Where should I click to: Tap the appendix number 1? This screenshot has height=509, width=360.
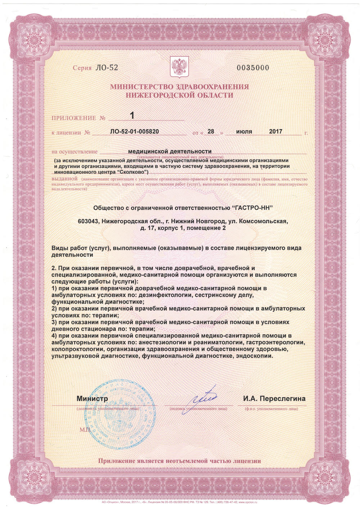click(x=132, y=115)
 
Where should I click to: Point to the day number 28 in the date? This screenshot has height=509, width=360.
click(x=211, y=132)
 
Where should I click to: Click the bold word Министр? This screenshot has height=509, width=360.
click(x=92, y=399)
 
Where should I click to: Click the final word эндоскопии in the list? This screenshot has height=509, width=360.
click(x=255, y=356)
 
